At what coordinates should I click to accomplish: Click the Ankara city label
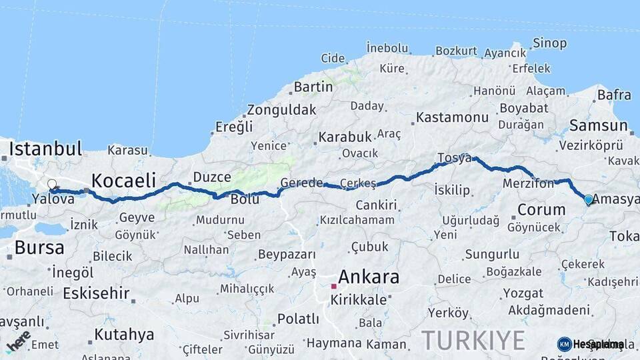pos(369,277)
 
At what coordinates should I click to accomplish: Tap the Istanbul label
pos(45,148)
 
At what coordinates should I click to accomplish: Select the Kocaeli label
pos(123,180)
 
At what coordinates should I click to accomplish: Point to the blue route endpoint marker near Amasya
pos(588,199)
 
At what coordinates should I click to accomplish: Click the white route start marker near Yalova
pos(52,184)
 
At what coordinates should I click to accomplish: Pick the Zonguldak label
pos(281,110)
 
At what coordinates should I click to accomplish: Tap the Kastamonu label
pos(453,117)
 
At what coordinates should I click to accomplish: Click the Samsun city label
pos(599,125)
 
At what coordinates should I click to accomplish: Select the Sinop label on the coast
pos(550,43)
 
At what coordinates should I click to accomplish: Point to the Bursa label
pos(39,248)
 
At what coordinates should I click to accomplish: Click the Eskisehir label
pos(96,293)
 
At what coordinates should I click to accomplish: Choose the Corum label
pos(541,209)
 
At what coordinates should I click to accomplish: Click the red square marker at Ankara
pos(334,286)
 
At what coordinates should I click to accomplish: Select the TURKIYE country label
pos(473,340)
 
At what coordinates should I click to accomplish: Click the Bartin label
pos(313,87)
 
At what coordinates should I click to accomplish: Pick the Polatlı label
pos(298,319)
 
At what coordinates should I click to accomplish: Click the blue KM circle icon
pos(565,344)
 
